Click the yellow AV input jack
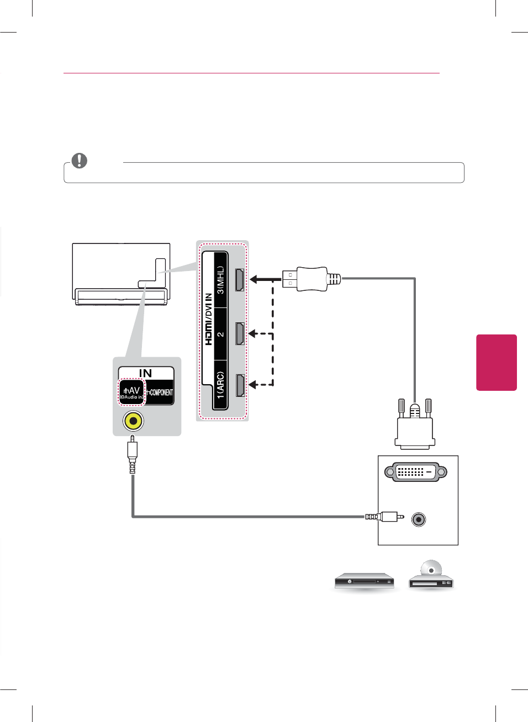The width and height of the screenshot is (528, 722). point(133,421)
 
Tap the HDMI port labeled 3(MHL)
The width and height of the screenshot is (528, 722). point(240,279)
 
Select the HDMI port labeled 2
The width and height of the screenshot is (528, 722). point(240,333)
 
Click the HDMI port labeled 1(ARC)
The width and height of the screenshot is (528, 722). point(240,385)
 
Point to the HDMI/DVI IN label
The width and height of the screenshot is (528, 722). point(208,319)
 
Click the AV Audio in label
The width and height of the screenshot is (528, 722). point(132,392)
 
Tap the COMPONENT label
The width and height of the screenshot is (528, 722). point(160,392)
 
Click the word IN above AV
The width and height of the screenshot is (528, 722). point(145,373)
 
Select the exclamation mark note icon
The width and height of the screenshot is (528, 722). point(80,161)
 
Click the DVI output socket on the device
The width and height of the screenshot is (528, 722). point(415,472)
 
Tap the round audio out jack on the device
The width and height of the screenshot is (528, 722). point(419,519)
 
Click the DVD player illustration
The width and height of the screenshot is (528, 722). point(365,581)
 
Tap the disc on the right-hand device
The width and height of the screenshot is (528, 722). point(431,569)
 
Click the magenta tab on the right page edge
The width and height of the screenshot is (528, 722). point(496,362)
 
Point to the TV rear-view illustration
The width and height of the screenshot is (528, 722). point(121,273)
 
